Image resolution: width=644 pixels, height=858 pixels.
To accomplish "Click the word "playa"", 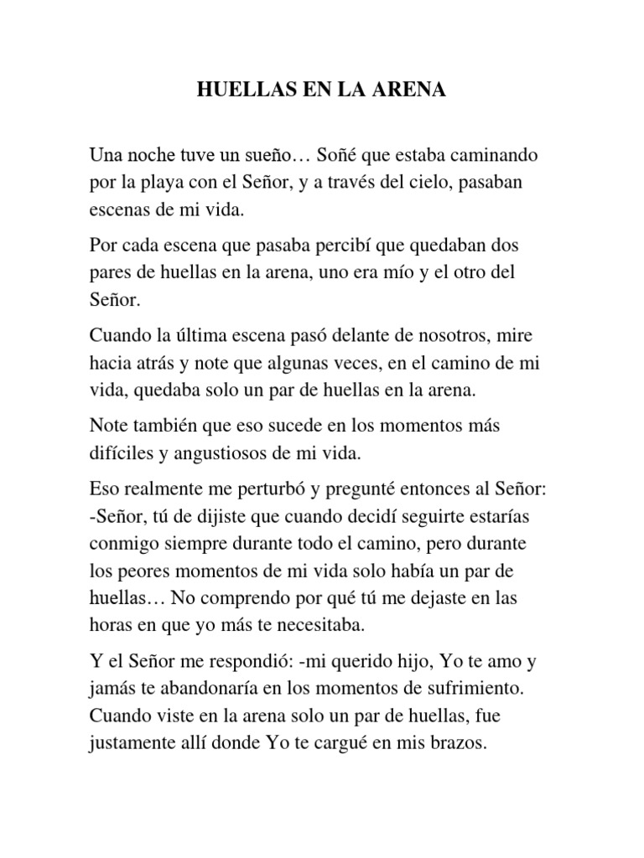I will pos(179,183).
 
